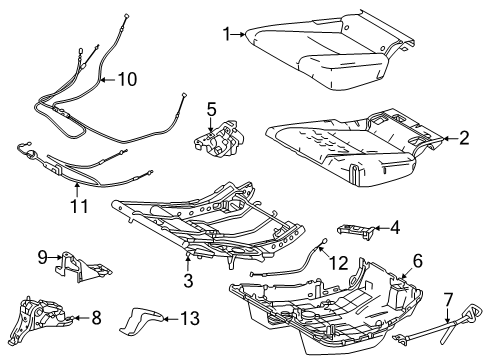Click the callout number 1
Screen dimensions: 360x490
pyautogui.click(x=225, y=35)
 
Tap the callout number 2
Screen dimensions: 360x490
pyautogui.click(x=463, y=139)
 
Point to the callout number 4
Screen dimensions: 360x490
pyautogui.click(x=395, y=227)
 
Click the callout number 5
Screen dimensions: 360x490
pyautogui.click(x=211, y=108)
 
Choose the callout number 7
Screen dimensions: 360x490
pyautogui.click(x=448, y=297)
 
